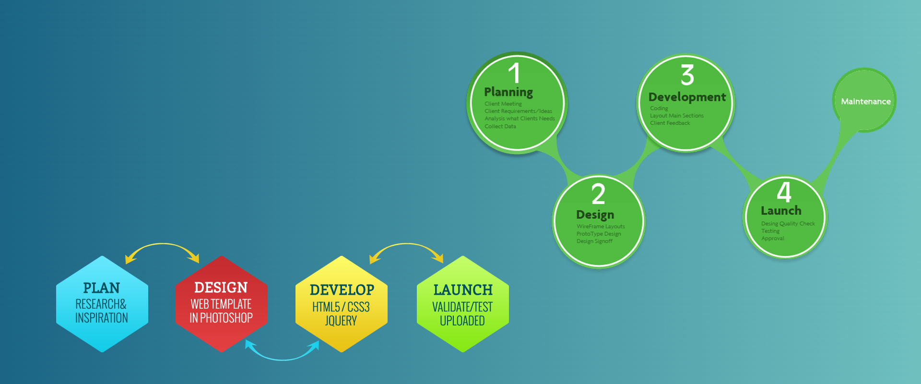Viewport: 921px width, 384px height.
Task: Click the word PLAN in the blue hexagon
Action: click(101, 288)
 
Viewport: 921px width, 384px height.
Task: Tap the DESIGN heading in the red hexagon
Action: click(221, 288)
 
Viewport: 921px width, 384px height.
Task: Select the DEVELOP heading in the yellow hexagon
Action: click(342, 290)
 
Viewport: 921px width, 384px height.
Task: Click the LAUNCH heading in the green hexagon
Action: click(463, 290)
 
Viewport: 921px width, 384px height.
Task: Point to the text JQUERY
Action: click(341, 321)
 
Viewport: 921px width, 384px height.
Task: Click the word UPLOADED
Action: click(462, 321)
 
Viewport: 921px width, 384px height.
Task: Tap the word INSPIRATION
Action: click(102, 318)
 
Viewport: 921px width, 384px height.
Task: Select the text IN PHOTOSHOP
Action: click(221, 318)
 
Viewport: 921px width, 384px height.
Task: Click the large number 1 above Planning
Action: click(514, 73)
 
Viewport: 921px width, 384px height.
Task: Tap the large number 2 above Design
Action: click(598, 194)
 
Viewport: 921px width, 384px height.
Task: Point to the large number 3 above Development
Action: click(687, 75)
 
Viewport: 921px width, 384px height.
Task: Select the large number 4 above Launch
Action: click(784, 192)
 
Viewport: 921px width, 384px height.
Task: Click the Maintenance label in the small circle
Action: click(866, 102)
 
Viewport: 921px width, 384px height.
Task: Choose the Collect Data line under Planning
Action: click(500, 126)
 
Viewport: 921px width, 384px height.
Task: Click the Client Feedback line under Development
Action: click(670, 123)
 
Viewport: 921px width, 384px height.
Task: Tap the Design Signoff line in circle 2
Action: click(594, 241)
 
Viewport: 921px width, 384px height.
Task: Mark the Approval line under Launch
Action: click(773, 239)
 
